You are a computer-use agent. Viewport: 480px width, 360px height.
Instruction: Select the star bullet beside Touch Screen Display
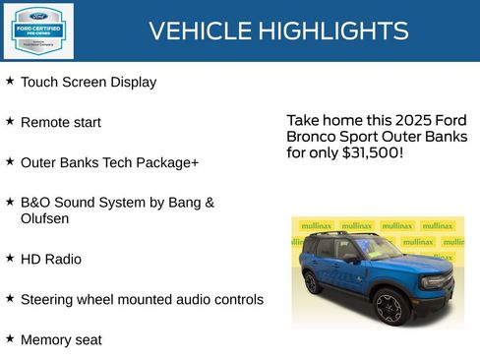(10, 81)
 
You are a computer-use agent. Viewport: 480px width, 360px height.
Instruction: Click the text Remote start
(61, 122)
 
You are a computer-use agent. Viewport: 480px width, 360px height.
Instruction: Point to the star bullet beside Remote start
(10, 120)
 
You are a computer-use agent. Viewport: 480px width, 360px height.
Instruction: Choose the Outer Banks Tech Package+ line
(109, 161)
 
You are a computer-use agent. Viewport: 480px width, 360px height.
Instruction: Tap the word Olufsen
(44, 218)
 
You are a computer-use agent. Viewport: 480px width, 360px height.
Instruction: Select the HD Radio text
(51, 260)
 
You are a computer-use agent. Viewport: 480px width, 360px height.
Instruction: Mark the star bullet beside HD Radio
(10, 258)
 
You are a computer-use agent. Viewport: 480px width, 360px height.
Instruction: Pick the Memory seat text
(61, 339)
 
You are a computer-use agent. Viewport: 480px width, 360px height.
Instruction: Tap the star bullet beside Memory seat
(10, 337)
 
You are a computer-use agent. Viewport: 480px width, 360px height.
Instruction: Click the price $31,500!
(372, 153)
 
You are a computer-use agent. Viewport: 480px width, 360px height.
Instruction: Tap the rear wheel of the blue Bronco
(312, 282)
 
